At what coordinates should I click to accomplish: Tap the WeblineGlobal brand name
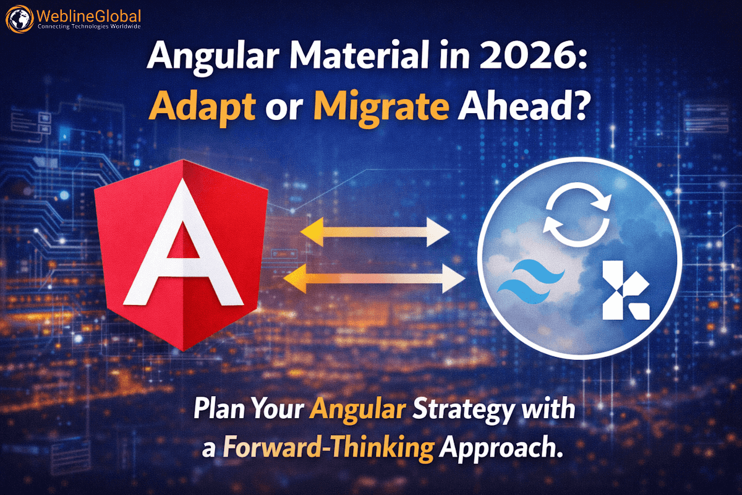pyautogui.click(x=88, y=15)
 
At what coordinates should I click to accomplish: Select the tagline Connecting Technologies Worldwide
pyautogui.click(x=89, y=28)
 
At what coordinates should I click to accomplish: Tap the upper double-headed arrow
pyautogui.click(x=375, y=234)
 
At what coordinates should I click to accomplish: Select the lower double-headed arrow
pyautogui.click(x=373, y=278)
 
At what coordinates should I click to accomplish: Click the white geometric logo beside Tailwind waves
pyautogui.click(x=625, y=291)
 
